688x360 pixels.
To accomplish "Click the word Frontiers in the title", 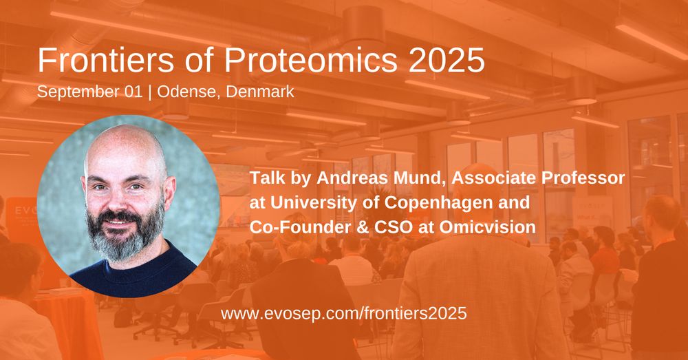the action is click(x=106, y=60).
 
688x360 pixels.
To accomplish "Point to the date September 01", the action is click(x=89, y=92).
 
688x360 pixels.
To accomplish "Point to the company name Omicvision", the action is click(x=488, y=227).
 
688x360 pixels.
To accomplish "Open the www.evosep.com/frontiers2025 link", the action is click(x=343, y=313).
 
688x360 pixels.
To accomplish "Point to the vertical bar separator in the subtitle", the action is click(x=149, y=93).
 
